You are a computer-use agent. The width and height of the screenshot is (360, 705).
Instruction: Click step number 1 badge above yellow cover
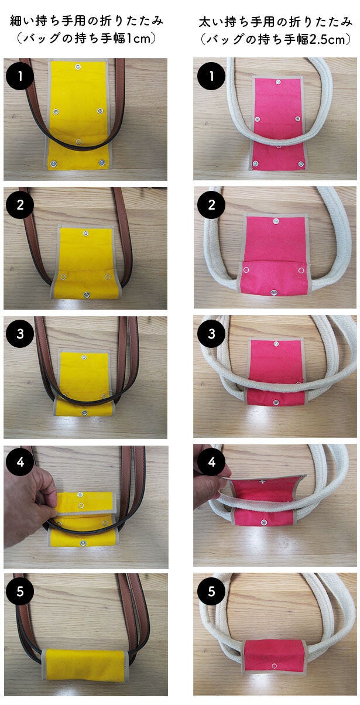coord(20,76)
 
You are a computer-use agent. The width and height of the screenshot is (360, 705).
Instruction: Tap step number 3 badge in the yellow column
coord(20,334)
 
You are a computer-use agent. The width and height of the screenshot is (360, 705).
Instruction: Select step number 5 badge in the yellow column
coord(20,591)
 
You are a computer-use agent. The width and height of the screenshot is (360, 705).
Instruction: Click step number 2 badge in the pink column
coord(211,205)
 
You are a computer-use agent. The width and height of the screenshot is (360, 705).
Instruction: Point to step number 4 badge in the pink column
coord(211,462)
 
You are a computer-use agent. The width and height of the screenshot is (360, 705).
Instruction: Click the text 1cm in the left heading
coord(138,39)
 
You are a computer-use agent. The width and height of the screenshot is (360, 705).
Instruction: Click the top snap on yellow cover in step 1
coord(78,66)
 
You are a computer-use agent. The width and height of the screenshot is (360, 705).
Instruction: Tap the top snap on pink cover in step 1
coord(278,83)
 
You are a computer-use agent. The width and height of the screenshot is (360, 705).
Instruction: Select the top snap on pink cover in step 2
coord(276,221)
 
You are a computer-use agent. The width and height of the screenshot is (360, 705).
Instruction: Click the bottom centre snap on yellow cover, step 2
coord(86,295)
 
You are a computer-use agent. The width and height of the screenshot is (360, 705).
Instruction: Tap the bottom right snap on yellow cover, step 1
coord(102,162)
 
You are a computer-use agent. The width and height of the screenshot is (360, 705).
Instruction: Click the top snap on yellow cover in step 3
coord(84,357)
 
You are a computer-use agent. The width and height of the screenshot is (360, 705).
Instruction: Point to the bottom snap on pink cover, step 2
coord(274,293)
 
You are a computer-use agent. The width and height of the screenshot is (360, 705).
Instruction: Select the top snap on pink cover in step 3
coord(276,344)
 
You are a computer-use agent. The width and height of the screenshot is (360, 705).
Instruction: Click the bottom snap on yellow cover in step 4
coord(83,543)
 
